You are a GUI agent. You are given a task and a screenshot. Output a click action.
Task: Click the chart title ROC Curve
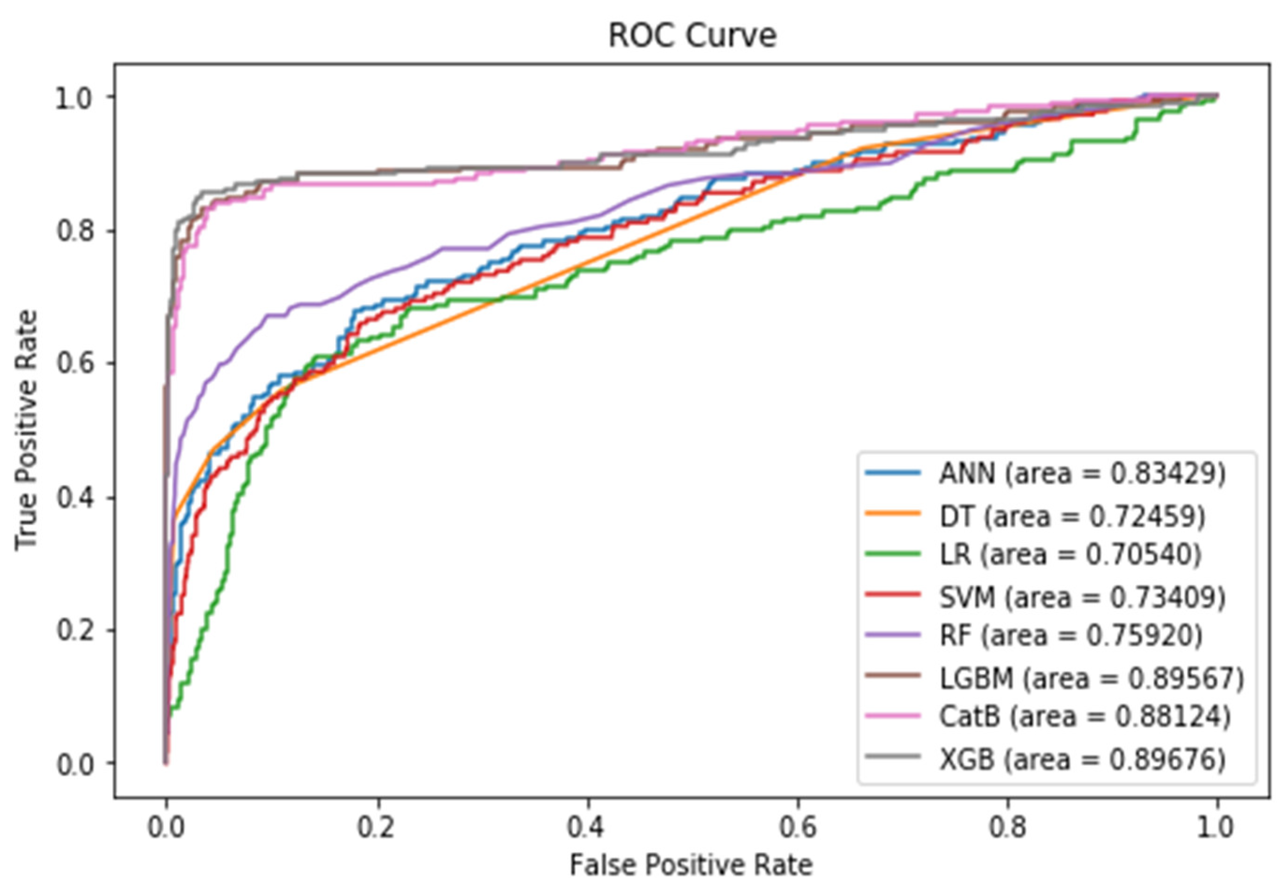coord(692,36)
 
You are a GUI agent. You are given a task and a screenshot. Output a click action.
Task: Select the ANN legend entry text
coord(1082,474)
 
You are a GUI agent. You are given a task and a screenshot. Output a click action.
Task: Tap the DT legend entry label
coord(1072,516)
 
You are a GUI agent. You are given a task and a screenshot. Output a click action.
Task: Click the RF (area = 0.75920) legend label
coord(1071,636)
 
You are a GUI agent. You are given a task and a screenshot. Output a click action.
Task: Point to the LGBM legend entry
coord(1091,679)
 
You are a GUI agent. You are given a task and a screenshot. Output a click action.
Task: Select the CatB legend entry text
coord(1085,717)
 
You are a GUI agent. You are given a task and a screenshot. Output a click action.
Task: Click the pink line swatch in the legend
coord(892,716)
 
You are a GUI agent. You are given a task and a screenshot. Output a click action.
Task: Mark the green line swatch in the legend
coord(892,554)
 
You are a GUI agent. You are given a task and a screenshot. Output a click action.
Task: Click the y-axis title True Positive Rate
coord(26,431)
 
